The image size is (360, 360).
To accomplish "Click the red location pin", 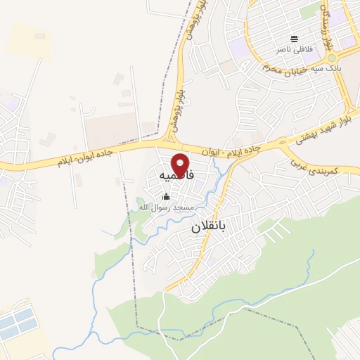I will [x=181, y=165].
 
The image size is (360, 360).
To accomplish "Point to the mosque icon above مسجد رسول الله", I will [x=167, y=197].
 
